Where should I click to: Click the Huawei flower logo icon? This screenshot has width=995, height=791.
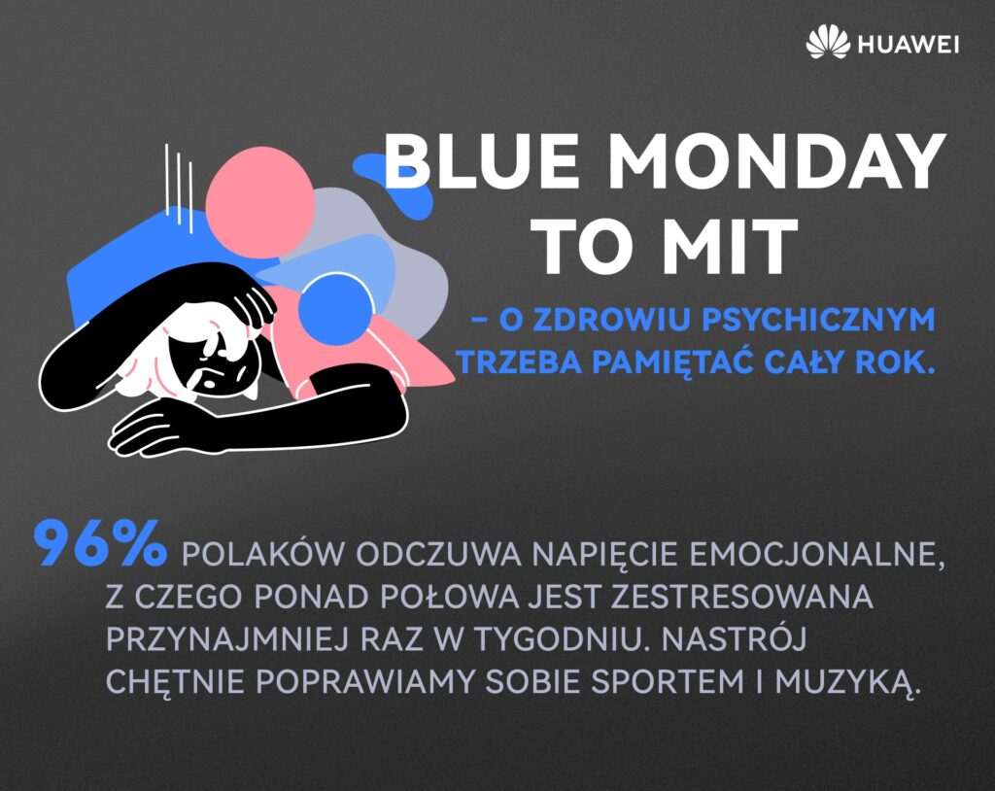(828, 44)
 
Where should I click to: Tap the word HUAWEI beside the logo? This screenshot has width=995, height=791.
(908, 45)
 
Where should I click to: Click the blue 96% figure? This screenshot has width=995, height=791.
(100, 544)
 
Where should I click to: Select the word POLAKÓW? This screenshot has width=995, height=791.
(258, 554)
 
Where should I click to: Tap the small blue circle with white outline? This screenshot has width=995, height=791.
(336, 310)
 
